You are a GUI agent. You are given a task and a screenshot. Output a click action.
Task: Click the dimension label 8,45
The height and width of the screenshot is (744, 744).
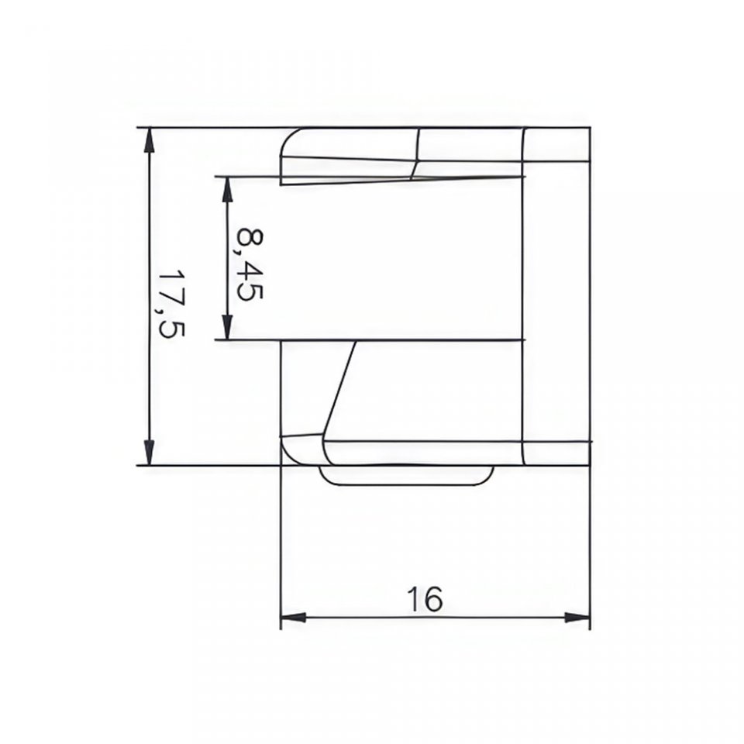(x=250, y=264)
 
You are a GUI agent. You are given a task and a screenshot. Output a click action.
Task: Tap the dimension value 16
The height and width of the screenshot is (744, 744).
(x=425, y=599)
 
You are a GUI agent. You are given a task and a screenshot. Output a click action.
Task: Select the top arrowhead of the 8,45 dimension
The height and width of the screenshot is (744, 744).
(x=228, y=189)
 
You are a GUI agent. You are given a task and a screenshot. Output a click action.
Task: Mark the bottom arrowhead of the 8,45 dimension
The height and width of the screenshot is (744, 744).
(x=228, y=328)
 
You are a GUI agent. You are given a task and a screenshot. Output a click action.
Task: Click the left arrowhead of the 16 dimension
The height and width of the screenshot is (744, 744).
(x=293, y=618)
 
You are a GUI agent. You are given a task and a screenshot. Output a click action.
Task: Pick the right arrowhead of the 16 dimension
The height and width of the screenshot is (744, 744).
(x=577, y=618)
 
